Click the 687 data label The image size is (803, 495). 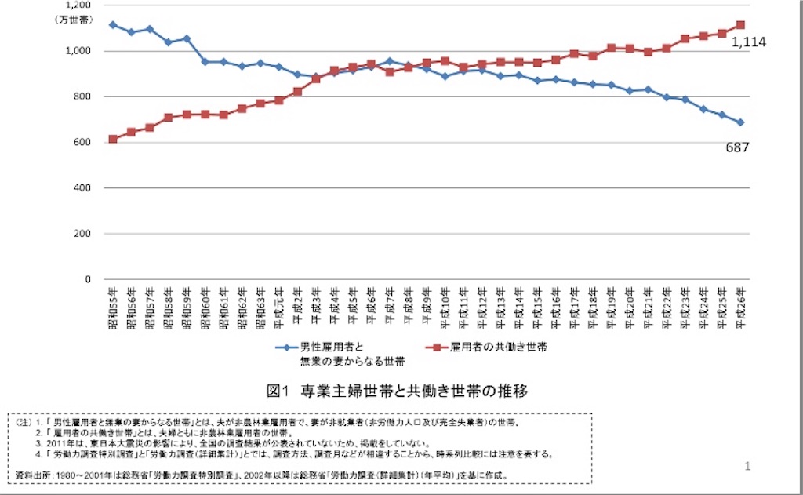[738, 147]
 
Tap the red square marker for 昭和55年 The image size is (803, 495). [113, 139]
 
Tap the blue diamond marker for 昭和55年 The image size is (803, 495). [113, 24]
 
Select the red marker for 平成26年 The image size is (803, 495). [740, 24]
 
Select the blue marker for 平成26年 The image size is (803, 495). [740, 122]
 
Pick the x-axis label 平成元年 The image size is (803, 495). [279, 307]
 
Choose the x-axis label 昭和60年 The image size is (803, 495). [205, 308]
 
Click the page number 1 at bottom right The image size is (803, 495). [747, 466]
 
